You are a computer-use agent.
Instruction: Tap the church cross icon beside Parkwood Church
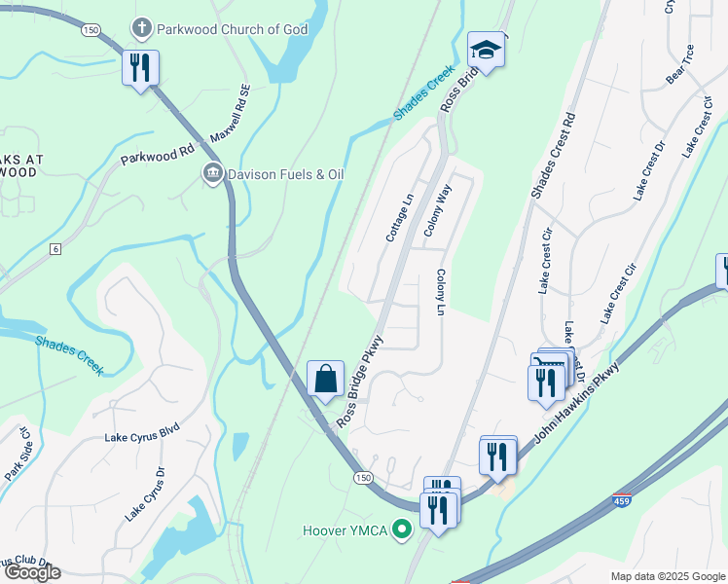click(142, 29)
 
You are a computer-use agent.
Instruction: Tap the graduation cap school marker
click(486, 50)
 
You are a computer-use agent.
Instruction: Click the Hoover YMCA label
click(346, 530)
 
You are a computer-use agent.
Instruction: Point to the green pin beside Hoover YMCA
click(399, 530)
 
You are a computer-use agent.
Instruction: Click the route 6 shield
click(56, 250)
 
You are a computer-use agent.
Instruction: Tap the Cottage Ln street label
click(400, 216)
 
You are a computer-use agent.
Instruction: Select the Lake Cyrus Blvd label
click(142, 437)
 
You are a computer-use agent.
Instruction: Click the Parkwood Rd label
click(157, 156)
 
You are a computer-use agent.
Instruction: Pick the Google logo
click(31, 572)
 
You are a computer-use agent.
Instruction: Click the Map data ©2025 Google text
click(667, 576)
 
